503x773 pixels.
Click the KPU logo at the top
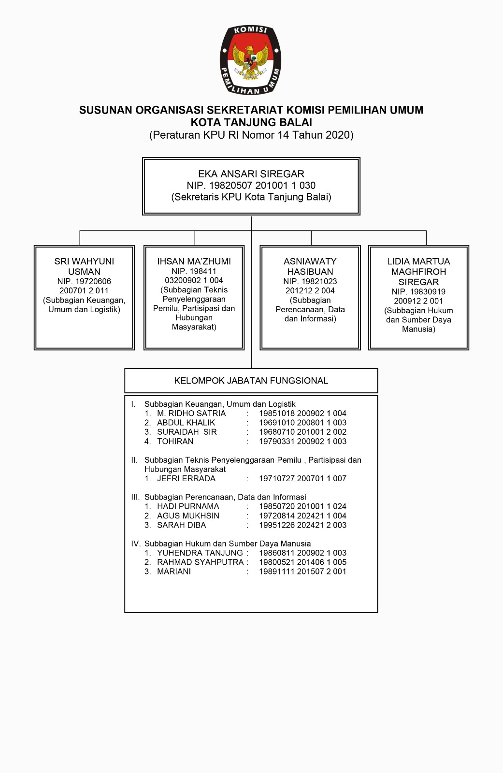point(251,60)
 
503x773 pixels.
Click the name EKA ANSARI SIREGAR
point(251,174)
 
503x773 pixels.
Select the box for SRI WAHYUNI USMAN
point(84,297)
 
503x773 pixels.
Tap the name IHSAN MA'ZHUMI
point(194,261)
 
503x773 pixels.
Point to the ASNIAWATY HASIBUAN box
point(310,297)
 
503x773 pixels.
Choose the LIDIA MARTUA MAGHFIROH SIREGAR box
point(418,297)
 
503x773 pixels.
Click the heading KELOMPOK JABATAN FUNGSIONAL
point(251,381)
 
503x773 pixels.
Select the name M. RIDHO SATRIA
point(191,414)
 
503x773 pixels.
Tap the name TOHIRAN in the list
point(175,442)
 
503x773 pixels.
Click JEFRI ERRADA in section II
point(186,479)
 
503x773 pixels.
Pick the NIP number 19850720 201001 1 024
point(302,507)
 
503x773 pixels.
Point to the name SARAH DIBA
point(181,525)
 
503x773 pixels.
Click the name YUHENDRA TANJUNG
point(200,553)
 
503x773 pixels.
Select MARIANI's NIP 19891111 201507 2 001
point(302,572)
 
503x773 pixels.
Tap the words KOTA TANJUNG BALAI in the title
point(251,122)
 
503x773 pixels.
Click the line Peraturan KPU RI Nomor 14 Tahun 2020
point(251,135)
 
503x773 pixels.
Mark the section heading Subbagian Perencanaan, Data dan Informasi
point(225,497)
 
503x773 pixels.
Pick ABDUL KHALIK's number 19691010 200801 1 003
point(302,423)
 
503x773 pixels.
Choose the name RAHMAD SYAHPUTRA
point(201,562)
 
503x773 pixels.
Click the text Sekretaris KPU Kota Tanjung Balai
point(251,197)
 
